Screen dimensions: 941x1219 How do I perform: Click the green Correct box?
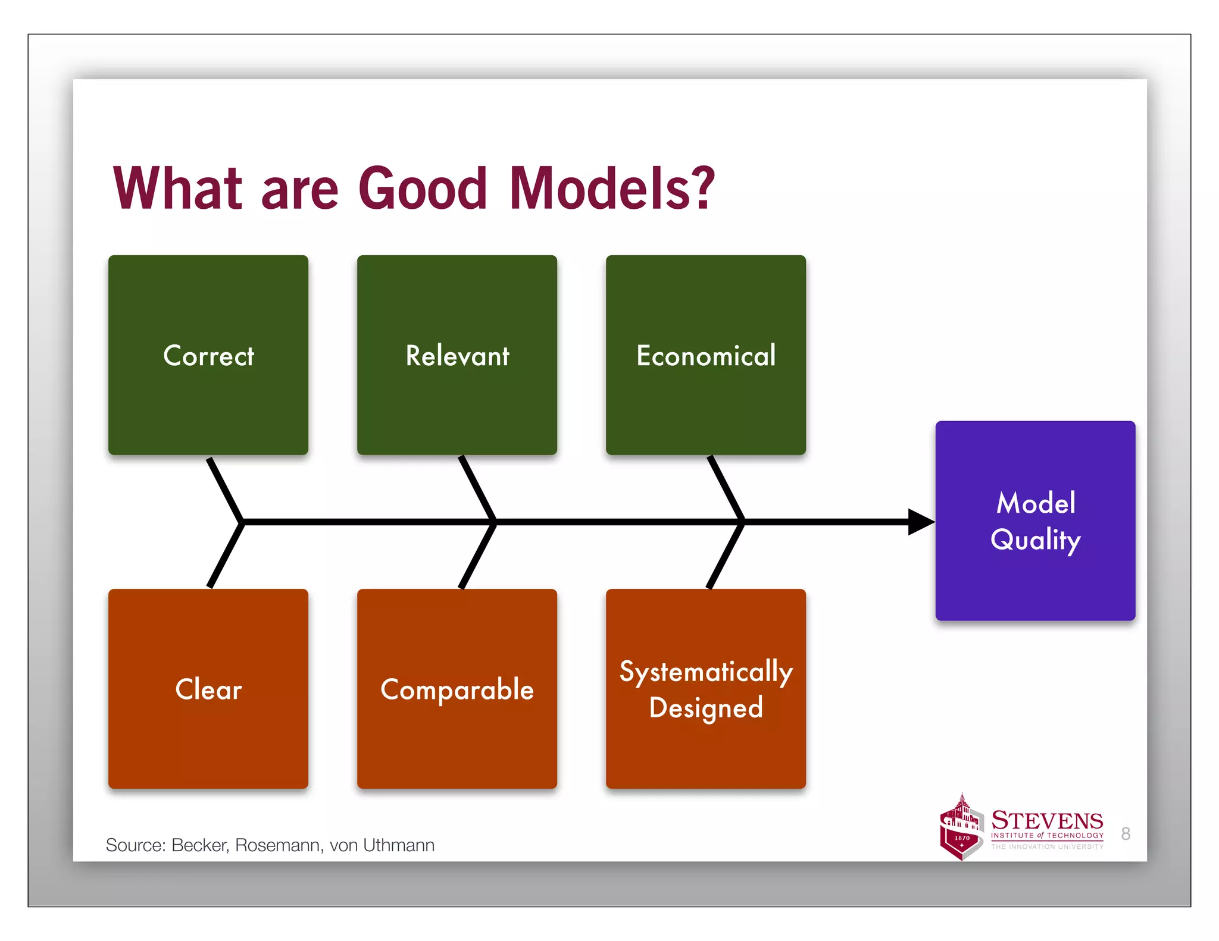[208, 355]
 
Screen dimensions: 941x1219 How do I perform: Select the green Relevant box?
[457, 355]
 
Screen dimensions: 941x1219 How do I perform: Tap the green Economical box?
[706, 355]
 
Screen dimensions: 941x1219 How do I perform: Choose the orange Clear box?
[208, 689]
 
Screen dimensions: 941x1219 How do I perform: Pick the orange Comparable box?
[457, 689]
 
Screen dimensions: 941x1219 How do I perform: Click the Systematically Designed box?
[706, 689]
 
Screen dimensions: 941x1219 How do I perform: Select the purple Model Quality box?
[1035, 521]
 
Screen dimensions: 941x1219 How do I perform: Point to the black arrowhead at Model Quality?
[920, 522]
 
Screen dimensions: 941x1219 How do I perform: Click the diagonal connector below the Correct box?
[224, 489]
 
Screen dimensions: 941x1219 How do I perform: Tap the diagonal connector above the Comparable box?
[477, 555]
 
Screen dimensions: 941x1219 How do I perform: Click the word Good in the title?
[423, 189]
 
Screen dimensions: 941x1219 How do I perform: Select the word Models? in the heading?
[611, 189]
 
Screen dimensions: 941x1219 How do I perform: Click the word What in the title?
[177, 189]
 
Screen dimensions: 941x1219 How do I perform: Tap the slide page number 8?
[1125, 833]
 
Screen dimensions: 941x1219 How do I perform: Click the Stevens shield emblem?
[961, 828]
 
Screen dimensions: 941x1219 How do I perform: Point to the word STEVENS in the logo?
[1047, 820]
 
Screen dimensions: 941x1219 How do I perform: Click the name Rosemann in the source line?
[277, 845]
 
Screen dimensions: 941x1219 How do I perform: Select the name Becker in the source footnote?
[199, 845]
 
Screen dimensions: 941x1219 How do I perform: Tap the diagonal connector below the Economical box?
[726, 489]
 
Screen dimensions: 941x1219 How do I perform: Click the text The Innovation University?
[1047, 846]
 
